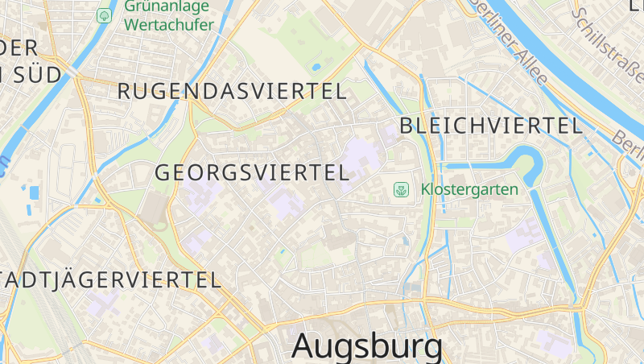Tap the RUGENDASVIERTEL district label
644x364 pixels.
(232, 91)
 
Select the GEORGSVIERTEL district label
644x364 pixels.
(251, 172)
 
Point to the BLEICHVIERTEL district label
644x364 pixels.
(491, 126)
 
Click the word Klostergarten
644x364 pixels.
(469, 190)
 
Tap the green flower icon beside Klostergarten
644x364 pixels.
(400, 190)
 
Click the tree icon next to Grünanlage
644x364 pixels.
(104, 15)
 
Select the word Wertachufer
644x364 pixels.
(169, 25)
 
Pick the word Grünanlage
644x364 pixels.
(167, 6)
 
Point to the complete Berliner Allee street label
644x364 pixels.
(509, 42)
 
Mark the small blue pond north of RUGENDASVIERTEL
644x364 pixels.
(316, 66)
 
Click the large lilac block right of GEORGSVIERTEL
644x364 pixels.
(361, 161)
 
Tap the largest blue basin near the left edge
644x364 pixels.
(34, 193)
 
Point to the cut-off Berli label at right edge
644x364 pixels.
(627, 142)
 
